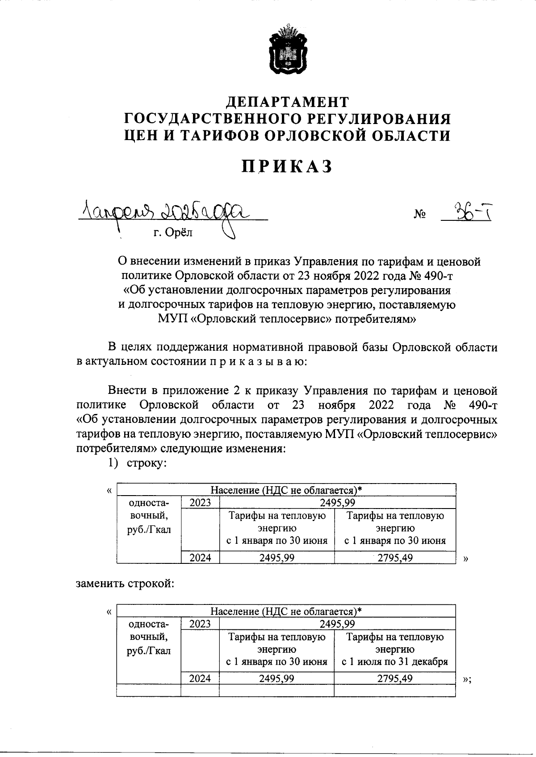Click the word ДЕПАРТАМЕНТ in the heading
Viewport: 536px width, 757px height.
pyautogui.click(x=287, y=102)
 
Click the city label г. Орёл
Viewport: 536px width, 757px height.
pyautogui.click(x=173, y=232)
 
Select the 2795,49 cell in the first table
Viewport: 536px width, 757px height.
pyautogui.click(x=395, y=558)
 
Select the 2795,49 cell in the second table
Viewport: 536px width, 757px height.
pyautogui.click(x=394, y=678)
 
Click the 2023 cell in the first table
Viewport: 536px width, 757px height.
pyautogui.click(x=200, y=503)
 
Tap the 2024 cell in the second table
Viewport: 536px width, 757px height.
pyautogui.click(x=200, y=678)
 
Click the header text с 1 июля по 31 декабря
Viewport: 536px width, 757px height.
pyautogui.click(x=394, y=662)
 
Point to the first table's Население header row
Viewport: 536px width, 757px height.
pyautogui.click(x=286, y=490)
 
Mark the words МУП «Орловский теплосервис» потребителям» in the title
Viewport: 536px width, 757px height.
pyautogui.click(x=287, y=319)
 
